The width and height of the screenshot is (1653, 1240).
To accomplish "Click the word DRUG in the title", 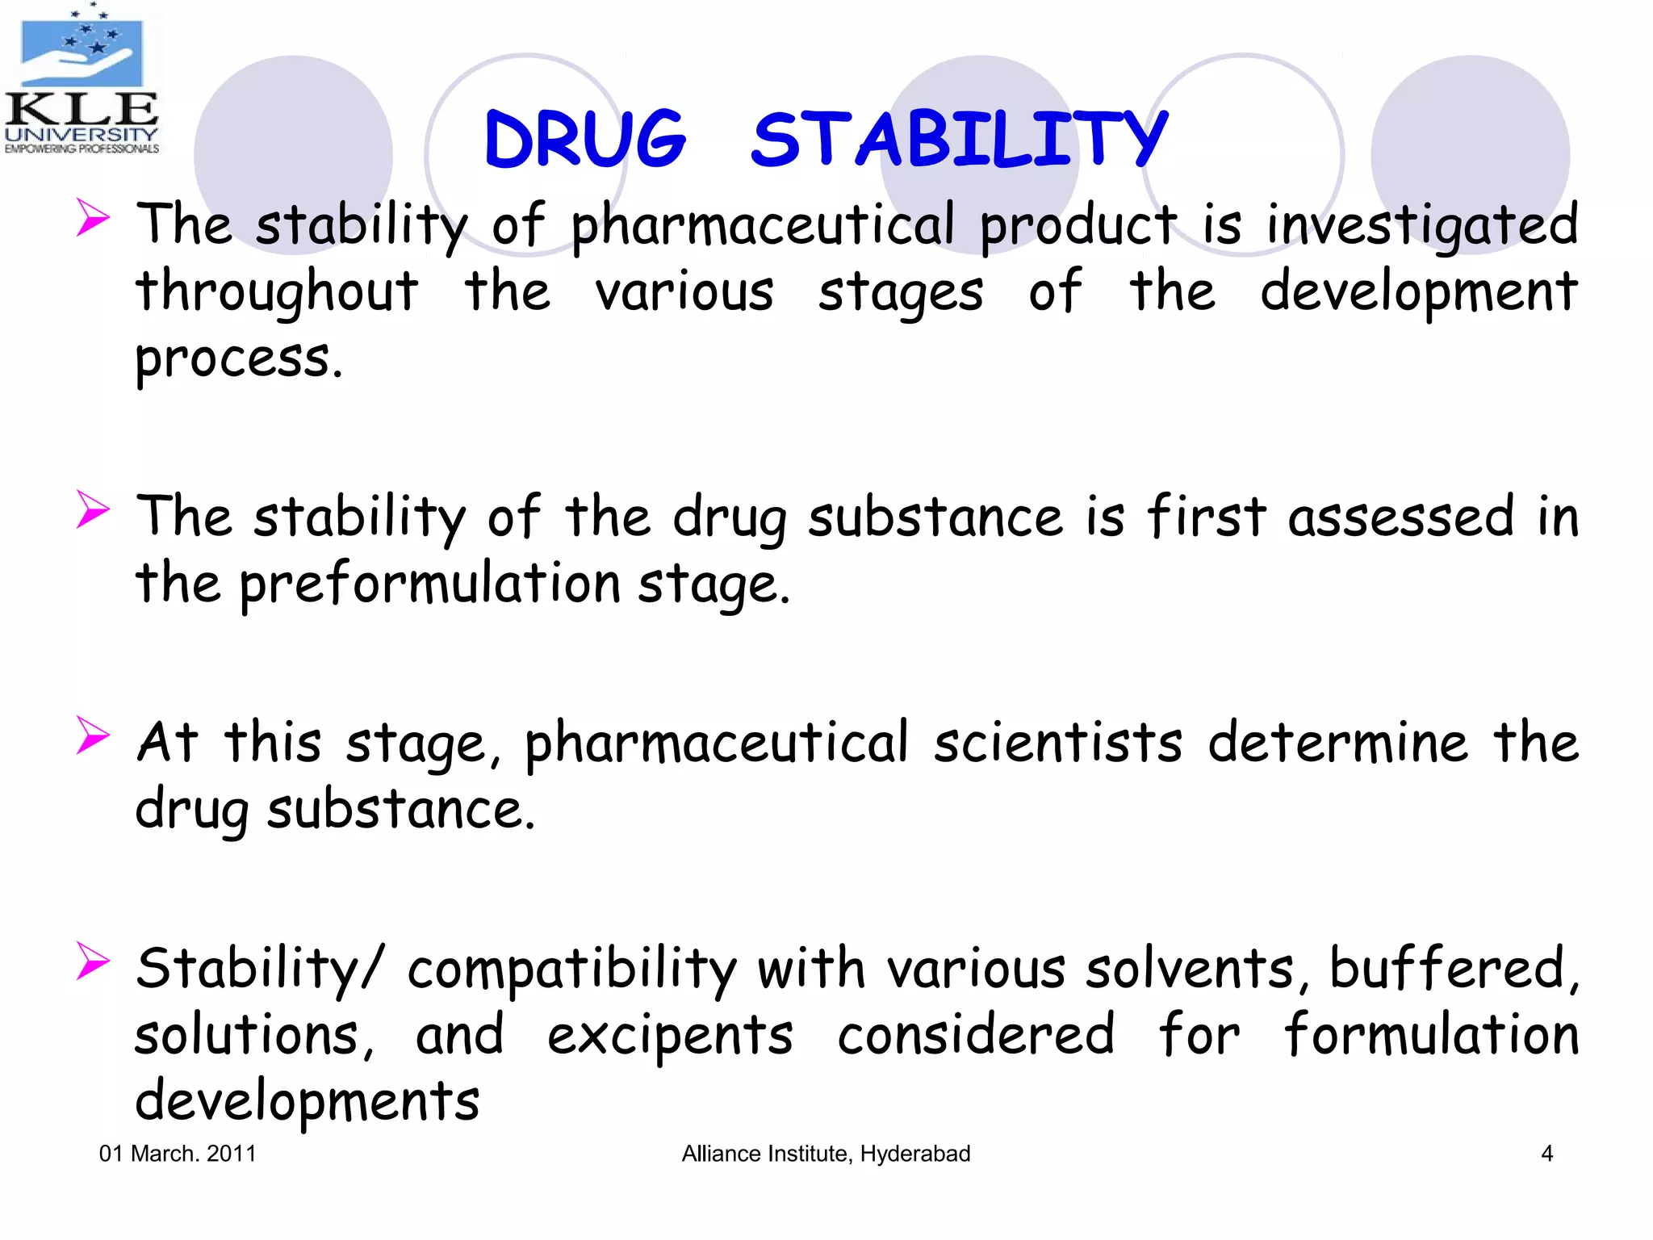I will [x=585, y=140].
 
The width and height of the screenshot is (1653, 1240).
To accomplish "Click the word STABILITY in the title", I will [x=959, y=140].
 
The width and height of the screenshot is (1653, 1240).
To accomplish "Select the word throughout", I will [x=277, y=292].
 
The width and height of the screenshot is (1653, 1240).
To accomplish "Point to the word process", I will [x=239, y=359].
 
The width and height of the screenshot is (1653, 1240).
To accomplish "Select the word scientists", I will [x=1057, y=743].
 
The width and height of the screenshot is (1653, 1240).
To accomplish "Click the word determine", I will [x=1337, y=743].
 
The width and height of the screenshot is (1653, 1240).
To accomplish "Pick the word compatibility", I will [x=571, y=969].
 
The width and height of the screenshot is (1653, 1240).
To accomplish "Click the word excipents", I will [x=670, y=1035].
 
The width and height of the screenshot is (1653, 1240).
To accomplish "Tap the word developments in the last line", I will [x=307, y=1102].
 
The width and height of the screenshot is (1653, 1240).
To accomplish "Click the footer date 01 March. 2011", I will [x=178, y=1154].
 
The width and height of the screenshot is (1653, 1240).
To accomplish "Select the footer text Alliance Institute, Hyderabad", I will [x=826, y=1154].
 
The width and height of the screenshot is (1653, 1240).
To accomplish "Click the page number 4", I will [x=1546, y=1154].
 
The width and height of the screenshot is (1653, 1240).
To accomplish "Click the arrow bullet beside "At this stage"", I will [x=93, y=735].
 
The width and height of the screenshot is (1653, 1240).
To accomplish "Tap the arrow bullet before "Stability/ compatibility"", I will [x=93, y=961].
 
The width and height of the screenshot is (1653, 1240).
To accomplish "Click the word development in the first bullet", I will [x=1418, y=292].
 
